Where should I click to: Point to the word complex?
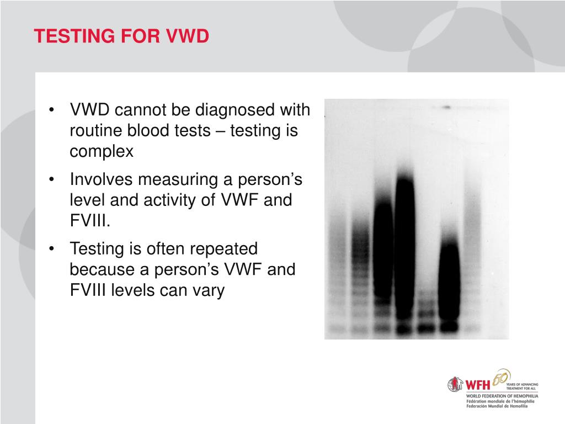(102, 151)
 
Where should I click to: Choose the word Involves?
(101, 180)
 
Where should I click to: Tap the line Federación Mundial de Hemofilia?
(497, 406)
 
